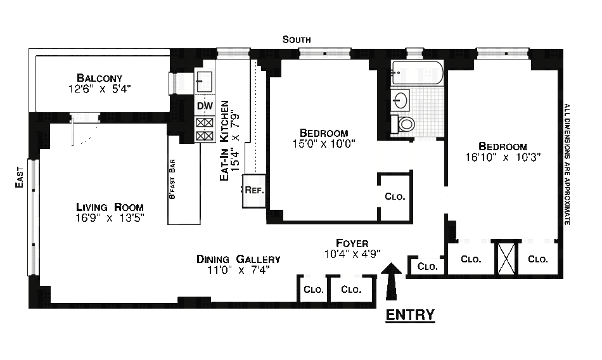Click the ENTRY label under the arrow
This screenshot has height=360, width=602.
[x=410, y=314]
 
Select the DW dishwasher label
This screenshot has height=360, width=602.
[x=205, y=106]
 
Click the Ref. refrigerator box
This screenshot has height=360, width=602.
[x=253, y=190]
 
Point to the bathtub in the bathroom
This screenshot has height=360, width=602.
[x=417, y=74]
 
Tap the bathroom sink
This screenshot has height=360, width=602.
[x=401, y=100]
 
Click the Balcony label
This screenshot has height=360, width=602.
[x=99, y=77]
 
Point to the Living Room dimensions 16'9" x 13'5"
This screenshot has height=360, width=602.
[x=110, y=219]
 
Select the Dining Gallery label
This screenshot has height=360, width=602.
[x=238, y=259]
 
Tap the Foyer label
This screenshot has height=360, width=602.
[x=352, y=243]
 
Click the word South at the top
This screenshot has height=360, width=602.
[x=297, y=40]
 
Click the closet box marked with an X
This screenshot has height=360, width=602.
[x=506, y=258]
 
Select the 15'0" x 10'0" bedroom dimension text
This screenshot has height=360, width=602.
[x=324, y=143]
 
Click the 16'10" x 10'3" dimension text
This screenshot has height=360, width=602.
[x=503, y=157]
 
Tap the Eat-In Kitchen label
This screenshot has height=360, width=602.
[x=224, y=141]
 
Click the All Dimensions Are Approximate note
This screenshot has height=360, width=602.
[x=567, y=164]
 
